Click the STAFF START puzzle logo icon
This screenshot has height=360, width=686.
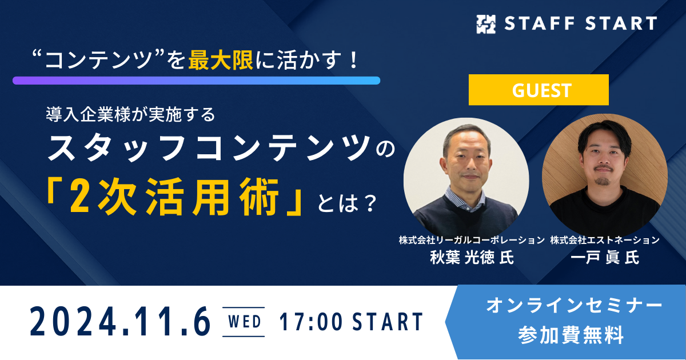tap(486, 24)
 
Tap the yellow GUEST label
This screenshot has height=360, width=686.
tap(539, 90)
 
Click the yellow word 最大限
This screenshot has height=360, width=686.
tap(221, 59)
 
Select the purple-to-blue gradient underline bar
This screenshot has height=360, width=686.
tap(196, 81)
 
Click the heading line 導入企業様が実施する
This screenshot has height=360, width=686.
tap(131, 114)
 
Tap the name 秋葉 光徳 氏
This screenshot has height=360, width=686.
tap(472, 257)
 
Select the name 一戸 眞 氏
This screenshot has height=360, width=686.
tap(605, 257)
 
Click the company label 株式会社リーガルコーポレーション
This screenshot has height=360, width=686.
tap(472, 241)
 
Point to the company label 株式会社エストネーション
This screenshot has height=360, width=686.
tap(605, 241)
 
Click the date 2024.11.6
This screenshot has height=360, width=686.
tap(121, 322)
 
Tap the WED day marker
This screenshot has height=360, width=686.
tap(244, 322)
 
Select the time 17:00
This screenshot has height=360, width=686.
tap(311, 322)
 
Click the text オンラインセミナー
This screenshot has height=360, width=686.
tap(574, 306)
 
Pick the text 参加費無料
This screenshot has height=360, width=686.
tap(571, 335)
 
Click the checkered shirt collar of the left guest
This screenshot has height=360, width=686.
tap(465, 198)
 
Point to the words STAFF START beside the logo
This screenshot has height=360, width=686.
tap(581, 23)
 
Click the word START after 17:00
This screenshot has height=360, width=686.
tap(388, 322)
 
